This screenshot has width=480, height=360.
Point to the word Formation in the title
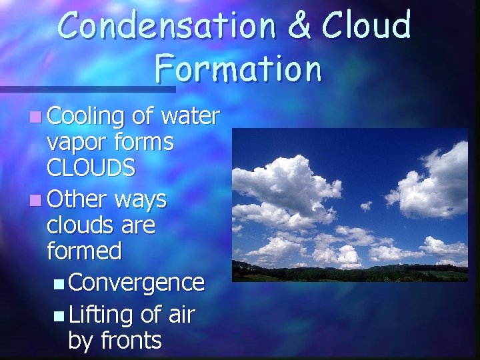(239, 68)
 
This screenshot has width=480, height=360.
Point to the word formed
(85, 251)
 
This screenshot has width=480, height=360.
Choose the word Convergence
(136, 283)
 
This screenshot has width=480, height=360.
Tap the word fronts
(131, 340)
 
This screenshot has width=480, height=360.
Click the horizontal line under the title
(87, 89)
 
